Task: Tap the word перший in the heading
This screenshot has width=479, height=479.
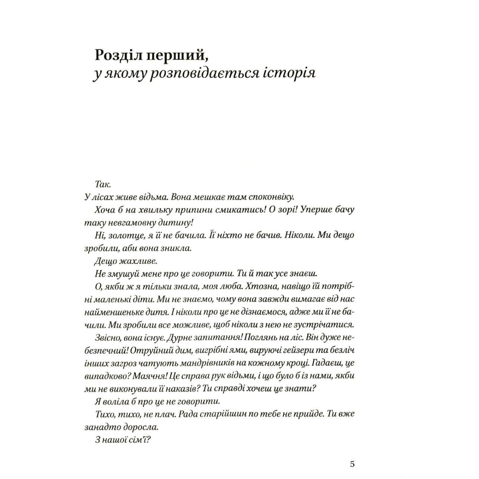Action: pos(173,55)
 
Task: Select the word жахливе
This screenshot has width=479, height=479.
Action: pos(138,261)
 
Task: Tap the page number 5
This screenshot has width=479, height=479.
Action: pos(352,464)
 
